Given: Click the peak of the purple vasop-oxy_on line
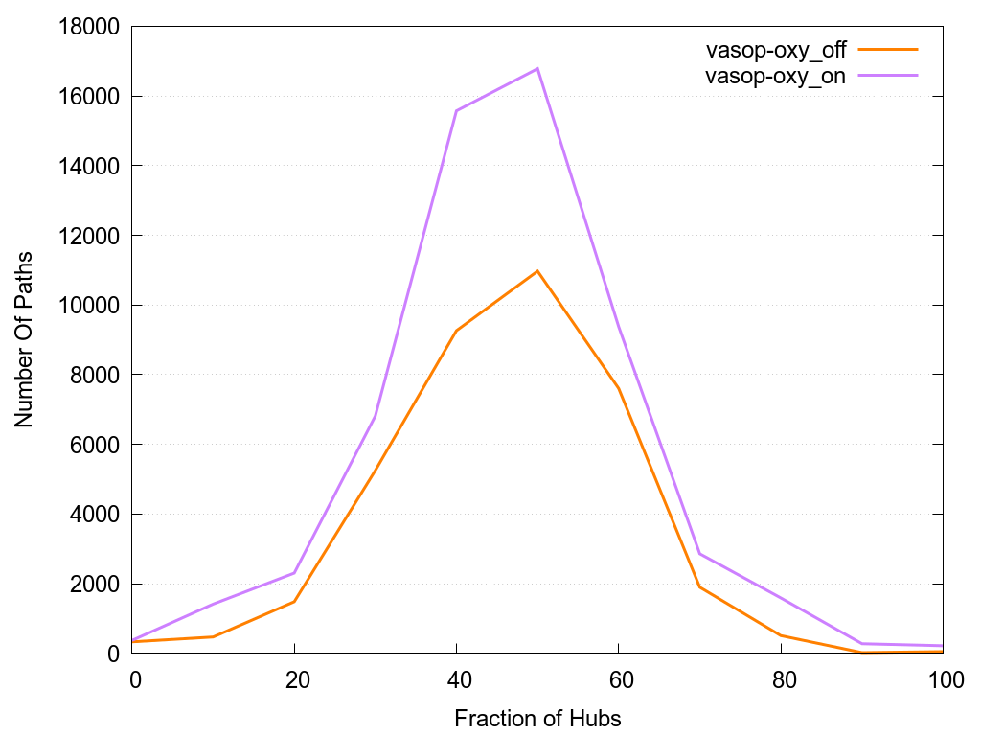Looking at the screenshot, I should click(x=537, y=68).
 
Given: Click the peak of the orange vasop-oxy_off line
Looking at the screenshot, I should click(x=537, y=271).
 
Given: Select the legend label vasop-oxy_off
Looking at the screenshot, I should click(x=776, y=50).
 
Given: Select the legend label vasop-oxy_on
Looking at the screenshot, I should click(x=776, y=77).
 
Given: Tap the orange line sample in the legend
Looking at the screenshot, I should click(x=888, y=49).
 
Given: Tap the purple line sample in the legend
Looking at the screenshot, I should click(x=888, y=75).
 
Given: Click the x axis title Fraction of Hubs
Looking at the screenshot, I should click(x=537, y=718).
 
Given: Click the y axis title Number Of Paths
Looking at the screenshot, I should click(x=24, y=339).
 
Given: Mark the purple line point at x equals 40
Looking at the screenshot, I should click(x=457, y=110).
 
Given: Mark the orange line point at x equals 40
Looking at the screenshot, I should click(x=457, y=331).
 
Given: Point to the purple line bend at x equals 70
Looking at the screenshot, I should click(x=700, y=553).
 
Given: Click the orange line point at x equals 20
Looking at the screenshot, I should click(x=294, y=602).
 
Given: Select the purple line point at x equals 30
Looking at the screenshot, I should click(x=376, y=415).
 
